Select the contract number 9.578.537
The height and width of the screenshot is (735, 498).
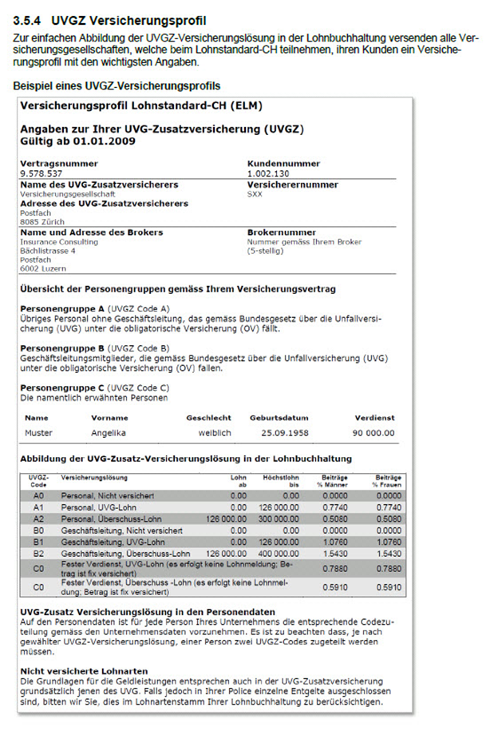click(x=40, y=173)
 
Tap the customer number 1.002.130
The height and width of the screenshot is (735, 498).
click(x=269, y=173)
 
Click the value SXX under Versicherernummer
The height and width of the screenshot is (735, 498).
click(x=255, y=193)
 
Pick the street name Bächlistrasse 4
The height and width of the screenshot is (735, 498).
click(x=48, y=251)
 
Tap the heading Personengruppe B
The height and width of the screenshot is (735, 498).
click(x=63, y=348)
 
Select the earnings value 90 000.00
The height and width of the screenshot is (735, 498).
click(x=372, y=432)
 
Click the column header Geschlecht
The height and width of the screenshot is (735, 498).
click(x=208, y=417)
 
